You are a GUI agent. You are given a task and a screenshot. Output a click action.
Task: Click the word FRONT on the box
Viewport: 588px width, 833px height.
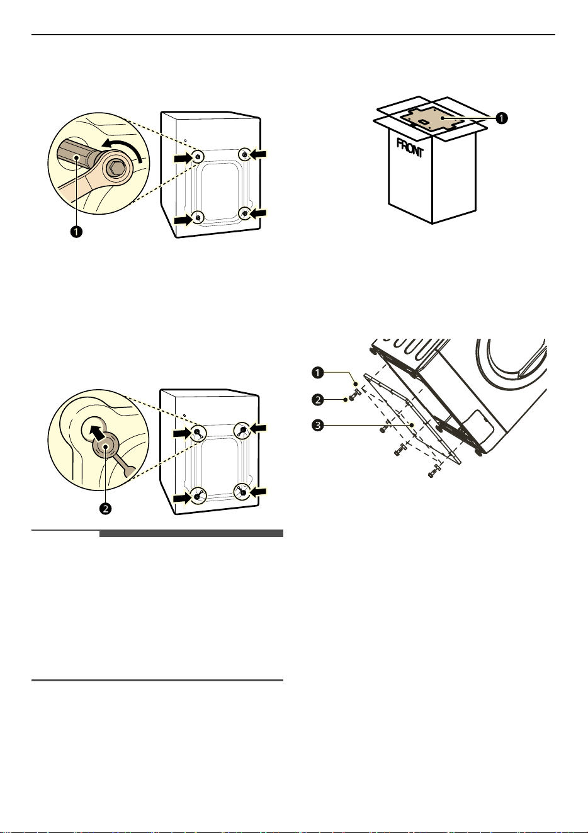(x=410, y=147)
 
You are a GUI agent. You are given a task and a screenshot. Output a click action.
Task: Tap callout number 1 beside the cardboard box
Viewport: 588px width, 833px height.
(x=501, y=118)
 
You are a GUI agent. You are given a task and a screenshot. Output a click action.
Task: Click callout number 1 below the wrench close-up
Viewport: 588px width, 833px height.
(x=76, y=232)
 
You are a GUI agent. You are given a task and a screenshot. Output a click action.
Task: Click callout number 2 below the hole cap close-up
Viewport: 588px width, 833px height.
(x=106, y=508)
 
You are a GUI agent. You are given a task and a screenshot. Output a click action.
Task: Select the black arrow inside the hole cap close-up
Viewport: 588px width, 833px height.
(x=97, y=433)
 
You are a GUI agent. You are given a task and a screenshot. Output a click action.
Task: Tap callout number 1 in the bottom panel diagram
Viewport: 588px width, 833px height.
(x=318, y=372)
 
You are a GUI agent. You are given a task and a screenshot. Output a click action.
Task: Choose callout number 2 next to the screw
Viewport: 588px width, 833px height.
(x=318, y=400)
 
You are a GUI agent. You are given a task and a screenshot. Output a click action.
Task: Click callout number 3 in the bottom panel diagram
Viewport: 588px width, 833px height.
(x=318, y=425)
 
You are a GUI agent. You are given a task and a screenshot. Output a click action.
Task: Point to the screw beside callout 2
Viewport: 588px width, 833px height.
(x=354, y=395)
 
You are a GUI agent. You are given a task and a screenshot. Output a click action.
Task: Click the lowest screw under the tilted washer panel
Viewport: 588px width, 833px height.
(x=434, y=471)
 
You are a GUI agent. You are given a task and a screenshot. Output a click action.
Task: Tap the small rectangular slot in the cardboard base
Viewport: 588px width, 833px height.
(x=423, y=122)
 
